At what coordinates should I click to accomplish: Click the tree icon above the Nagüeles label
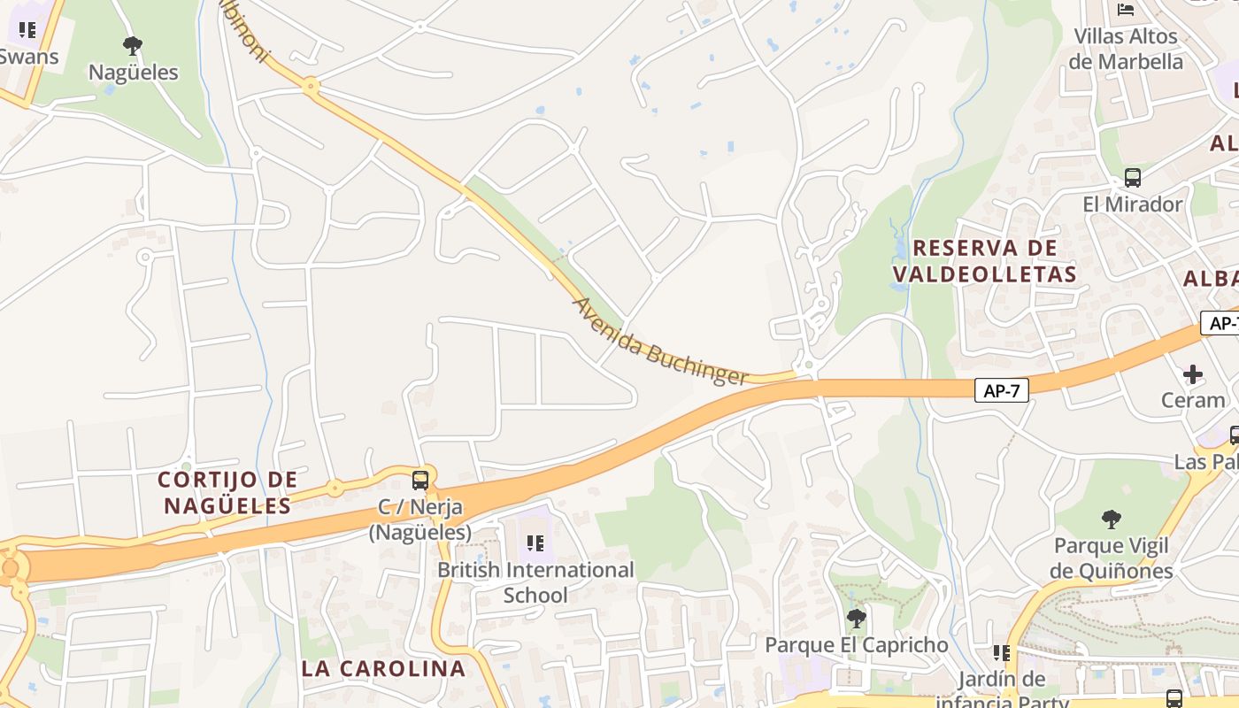tap(133, 44)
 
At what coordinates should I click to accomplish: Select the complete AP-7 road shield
tap(1002, 390)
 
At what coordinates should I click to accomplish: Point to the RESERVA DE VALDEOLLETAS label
tap(985, 261)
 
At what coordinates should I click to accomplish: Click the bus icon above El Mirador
tap(1133, 177)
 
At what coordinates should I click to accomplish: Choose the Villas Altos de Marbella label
tap(1126, 49)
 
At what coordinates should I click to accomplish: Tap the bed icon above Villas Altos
tap(1126, 10)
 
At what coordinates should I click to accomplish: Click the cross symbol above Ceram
tap(1193, 373)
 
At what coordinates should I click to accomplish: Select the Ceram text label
tap(1193, 400)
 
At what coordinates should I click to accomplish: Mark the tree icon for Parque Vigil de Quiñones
tap(1112, 519)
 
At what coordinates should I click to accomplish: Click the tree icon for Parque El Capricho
tap(856, 618)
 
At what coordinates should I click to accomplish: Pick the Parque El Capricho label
tap(856, 645)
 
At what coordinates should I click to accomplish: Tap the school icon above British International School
tap(535, 543)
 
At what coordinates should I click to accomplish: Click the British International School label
tap(535, 582)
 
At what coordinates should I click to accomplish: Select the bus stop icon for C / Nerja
tap(420, 481)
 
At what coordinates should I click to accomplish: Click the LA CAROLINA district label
tap(382, 668)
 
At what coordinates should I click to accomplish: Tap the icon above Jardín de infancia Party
tap(1002, 653)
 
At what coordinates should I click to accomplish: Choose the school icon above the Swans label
tap(27, 30)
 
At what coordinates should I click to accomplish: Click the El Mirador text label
tap(1133, 204)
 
